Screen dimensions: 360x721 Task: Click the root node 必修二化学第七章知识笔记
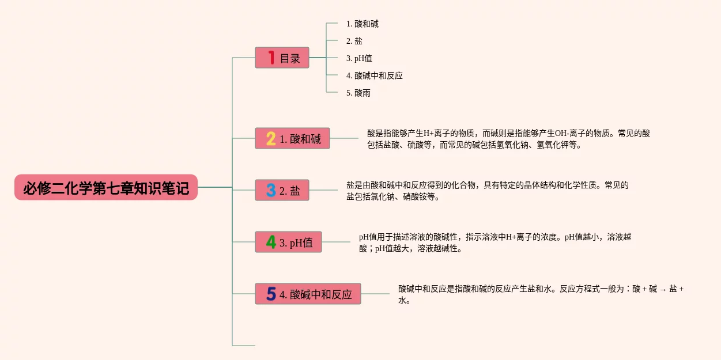click(106, 188)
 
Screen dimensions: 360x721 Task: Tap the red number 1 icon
click(271, 58)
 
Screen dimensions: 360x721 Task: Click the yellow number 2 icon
click(271, 139)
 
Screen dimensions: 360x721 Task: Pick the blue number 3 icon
click(271, 191)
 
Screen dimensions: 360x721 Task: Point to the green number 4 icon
click(271, 242)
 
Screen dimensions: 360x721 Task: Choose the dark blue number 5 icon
click(271, 294)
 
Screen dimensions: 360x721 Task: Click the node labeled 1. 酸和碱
click(300, 139)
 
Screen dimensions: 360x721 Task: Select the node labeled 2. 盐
click(290, 191)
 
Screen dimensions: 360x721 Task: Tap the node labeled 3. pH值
click(296, 242)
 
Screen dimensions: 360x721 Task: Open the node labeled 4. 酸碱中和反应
click(315, 294)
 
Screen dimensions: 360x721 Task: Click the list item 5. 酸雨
click(358, 93)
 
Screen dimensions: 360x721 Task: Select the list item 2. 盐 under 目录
click(354, 41)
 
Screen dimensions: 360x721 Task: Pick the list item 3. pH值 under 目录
click(359, 58)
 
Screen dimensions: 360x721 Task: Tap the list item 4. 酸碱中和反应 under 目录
click(375, 75)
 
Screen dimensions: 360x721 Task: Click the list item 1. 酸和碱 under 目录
click(363, 24)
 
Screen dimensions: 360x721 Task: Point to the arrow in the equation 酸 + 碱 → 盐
click(663, 290)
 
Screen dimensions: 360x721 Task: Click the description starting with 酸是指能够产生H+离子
click(508, 139)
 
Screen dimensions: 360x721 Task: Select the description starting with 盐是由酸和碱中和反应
click(487, 191)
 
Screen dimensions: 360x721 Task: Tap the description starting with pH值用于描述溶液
click(494, 242)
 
